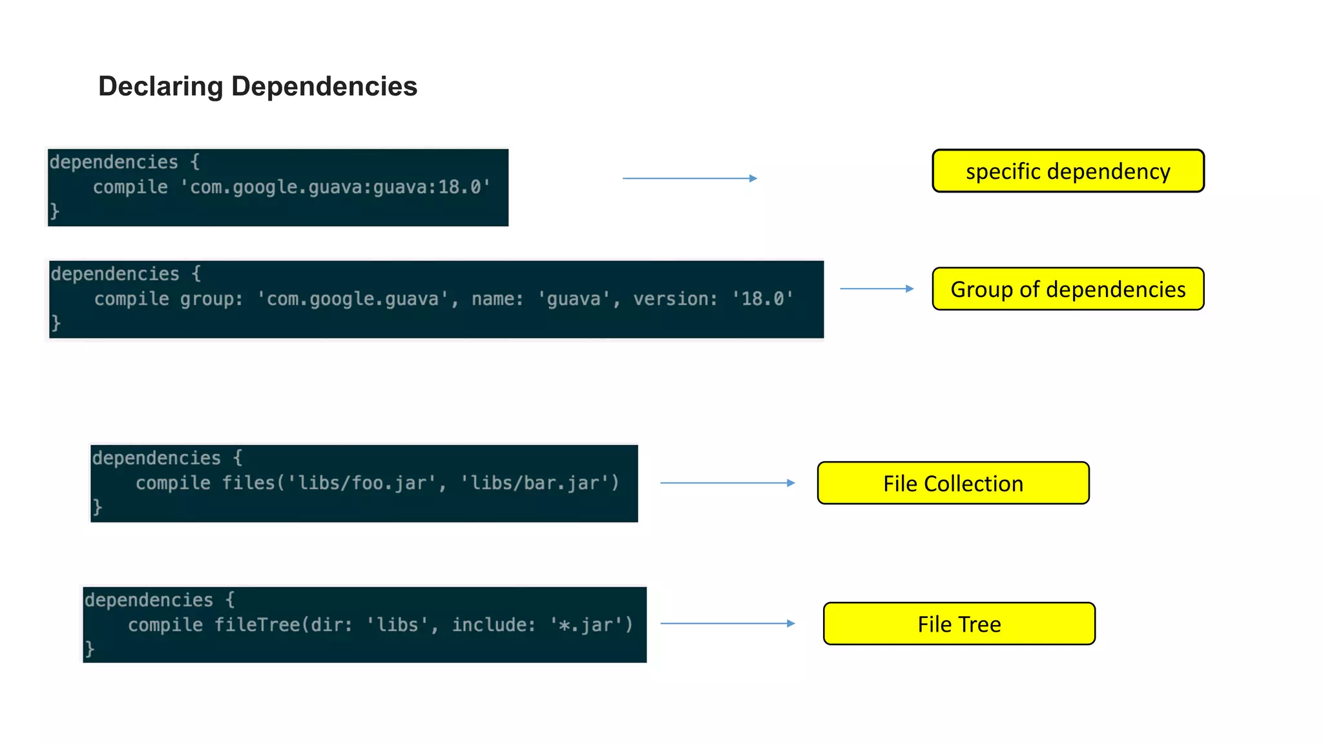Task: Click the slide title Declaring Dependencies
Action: coord(258,87)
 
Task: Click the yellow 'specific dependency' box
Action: coord(1068,171)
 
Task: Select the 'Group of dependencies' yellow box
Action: coord(1068,289)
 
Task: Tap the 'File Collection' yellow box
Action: coord(953,483)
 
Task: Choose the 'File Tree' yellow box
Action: coord(959,624)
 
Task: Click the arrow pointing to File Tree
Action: coord(727,623)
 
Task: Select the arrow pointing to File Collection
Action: coord(727,482)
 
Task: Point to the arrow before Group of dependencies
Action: coord(877,289)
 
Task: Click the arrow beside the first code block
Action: coord(689,178)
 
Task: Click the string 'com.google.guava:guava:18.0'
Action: coord(335,187)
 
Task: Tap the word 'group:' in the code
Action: coord(211,299)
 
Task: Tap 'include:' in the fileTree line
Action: coord(494,625)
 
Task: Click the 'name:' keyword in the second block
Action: coord(497,299)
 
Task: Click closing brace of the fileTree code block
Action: coord(90,648)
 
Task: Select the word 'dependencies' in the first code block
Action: coord(114,162)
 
